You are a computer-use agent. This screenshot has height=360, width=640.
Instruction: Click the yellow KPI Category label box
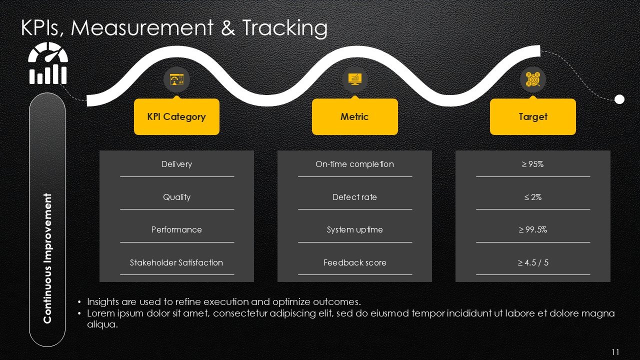(176, 116)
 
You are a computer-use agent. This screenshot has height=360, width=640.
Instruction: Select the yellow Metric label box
(354, 116)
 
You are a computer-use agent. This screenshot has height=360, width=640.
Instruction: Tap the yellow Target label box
(533, 116)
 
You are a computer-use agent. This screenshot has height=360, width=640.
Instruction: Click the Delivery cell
(177, 164)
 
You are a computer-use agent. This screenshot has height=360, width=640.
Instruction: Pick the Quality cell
(177, 197)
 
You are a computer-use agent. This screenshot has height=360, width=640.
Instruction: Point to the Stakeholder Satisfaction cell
(176, 262)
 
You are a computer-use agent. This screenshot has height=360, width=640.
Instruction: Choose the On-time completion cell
(354, 164)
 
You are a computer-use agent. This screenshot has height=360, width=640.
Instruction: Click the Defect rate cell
(354, 197)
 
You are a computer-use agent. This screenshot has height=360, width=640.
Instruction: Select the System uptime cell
(354, 229)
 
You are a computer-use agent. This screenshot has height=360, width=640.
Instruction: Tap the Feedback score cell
(354, 262)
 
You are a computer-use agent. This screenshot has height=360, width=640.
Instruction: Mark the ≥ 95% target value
(533, 164)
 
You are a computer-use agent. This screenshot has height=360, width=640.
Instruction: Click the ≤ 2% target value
(533, 197)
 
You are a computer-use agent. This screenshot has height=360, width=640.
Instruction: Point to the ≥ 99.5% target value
(533, 229)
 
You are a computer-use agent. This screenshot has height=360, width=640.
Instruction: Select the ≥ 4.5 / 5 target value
(533, 262)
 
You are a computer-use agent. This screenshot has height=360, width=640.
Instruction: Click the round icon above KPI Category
(176, 79)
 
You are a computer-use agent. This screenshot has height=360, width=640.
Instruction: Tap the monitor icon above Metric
(354, 79)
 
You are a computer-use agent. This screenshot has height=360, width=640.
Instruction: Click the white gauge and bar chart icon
(48, 63)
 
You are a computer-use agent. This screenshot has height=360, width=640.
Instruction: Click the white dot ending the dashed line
(619, 99)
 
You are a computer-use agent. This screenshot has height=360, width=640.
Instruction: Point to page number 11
(615, 351)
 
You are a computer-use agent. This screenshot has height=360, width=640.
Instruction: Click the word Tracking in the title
(285, 28)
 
